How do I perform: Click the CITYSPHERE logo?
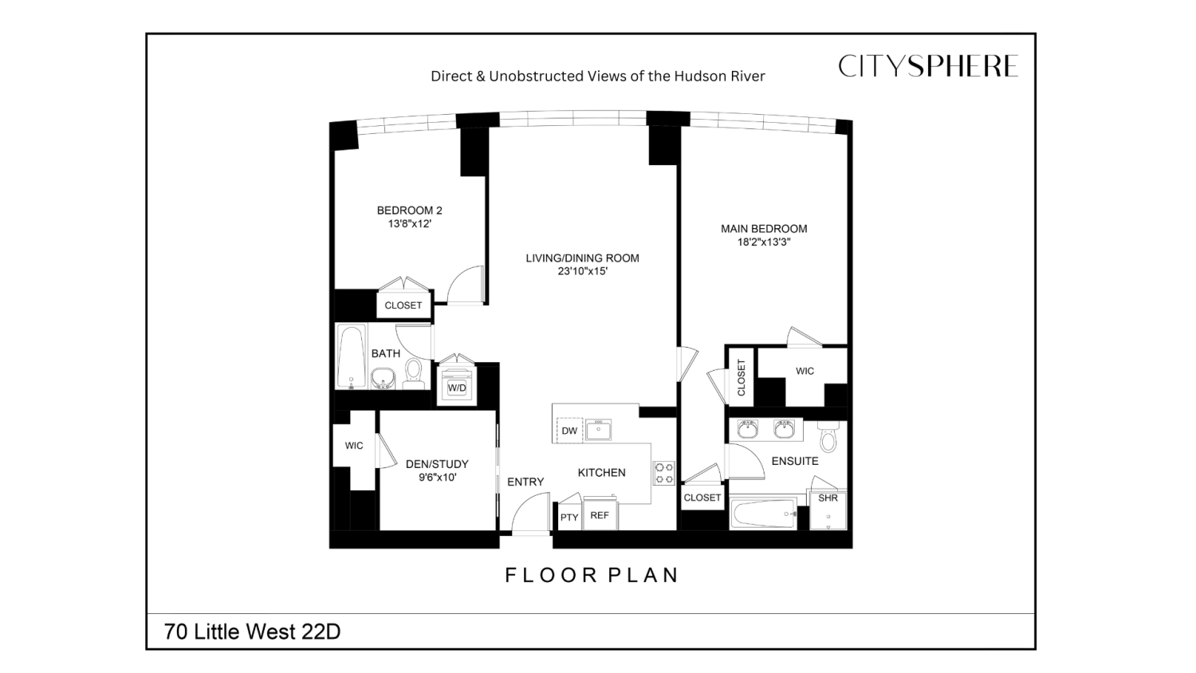tap(927, 66)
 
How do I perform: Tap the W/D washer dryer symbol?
tap(457, 387)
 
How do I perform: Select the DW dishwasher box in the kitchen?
tap(569, 431)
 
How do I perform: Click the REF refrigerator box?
tap(600, 516)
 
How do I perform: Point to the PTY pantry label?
tap(569, 518)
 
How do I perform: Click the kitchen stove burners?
tap(664, 474)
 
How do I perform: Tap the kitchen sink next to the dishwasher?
tap(598, 431)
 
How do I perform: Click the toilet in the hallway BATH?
tap(413, 372)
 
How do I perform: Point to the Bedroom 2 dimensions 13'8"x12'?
tap(410, 224)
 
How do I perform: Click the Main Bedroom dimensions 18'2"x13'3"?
tap(764, 242)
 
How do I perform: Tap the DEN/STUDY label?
tap(437, 464)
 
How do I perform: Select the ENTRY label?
tap(525, 482)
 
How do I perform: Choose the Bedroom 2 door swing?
tap(466, 285)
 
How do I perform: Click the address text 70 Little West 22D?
tap(252, 632)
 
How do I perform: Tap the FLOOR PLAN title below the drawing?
tap(592, 575)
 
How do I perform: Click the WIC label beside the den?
tap(354, 446)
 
